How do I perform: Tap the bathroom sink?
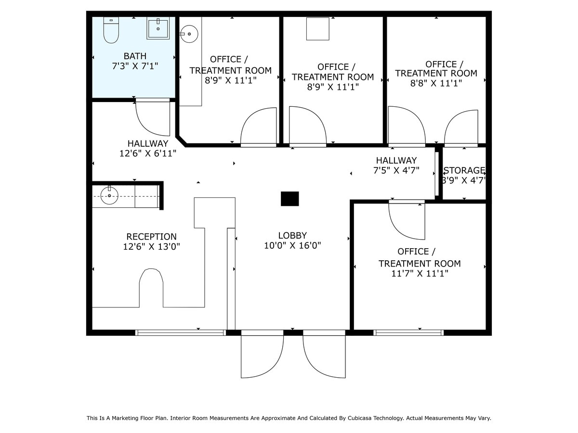pyautogui.click(x=158, y=28)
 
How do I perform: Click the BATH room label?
pyautogui.click(x=135, y=56)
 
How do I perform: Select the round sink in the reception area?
pyautogui.click(x=109, y=196)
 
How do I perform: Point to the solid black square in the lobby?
pyautogui.click(x=289, y=199)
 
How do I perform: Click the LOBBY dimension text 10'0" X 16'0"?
pyautogui.click(x=292, y=245)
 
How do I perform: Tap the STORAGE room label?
pyautogui.click(x=464, y=170)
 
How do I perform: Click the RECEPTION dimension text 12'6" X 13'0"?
pyautogui.click(x=151, y=247)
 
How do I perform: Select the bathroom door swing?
pyautogui.click(x=153, y=118)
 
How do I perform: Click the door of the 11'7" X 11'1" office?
pyautogui.click(x=407, y=220)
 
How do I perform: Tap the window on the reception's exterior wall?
pyautogui.click(x=181, y=332)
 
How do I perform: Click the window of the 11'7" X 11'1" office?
pyautogui.click(x=408, y=332)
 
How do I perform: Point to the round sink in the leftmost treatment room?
pyautogui.click(x=190, y=34)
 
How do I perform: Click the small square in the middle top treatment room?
pyautogui.click(x=318, y=29)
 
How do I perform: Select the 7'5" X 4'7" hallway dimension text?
pyautogui.click(x=396, y=170)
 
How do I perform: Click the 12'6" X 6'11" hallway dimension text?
pyautogui.click(x=148, y=153)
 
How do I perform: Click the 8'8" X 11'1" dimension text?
pyautogui.click(x=436, y=83)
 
